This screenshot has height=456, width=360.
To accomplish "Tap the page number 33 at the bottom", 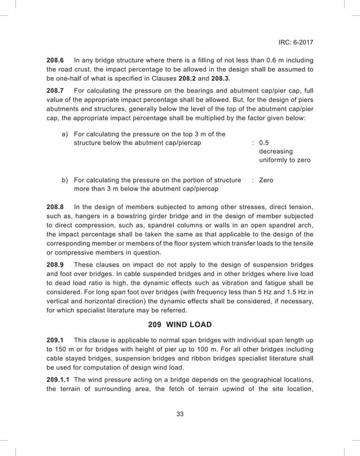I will [x=180, y=414].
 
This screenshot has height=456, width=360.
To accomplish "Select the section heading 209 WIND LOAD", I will [x=179, y=324].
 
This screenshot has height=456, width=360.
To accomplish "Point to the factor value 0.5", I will [x=264, y=143].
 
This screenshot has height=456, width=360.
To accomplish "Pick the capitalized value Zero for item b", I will [x=267, y=180].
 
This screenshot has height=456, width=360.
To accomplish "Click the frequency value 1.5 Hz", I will [x=294, y=293].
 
